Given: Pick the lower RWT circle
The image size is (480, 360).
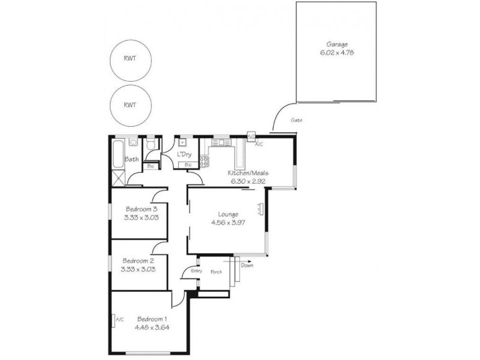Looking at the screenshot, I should click(130, 104).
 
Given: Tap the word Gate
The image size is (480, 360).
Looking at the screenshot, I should click(296, 120).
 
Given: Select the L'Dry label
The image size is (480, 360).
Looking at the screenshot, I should click(184, 155).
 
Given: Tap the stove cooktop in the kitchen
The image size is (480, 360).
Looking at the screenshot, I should click(204, 161).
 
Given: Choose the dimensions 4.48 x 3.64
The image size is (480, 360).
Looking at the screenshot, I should click(152, 327).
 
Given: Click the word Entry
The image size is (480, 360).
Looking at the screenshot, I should click(196, 271).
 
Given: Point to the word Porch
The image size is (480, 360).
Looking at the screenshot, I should click(216, 272).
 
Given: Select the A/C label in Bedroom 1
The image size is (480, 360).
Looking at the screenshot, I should click(119, 319).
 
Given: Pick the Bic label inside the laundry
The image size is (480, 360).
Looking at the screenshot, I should click(188, 164).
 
